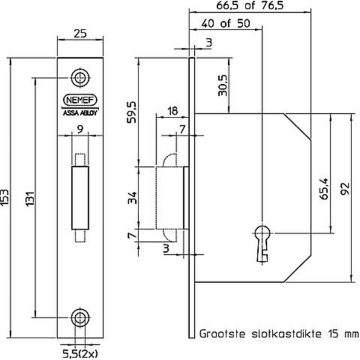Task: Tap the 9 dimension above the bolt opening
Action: click(79, 128)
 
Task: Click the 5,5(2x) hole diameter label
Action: click(80, 350)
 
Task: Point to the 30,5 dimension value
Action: click(222, 87)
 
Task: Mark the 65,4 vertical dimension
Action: click(324, 189)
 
